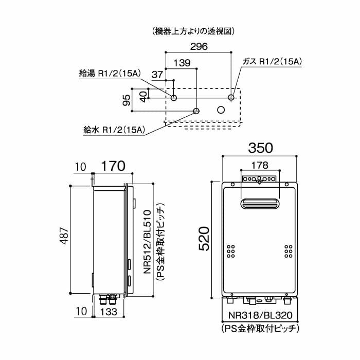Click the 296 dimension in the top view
point(198,47)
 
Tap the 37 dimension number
point(158,75)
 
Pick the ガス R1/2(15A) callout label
point(272,62)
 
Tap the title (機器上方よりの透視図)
point(194,31)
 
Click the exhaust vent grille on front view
point(260,204)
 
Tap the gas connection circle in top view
point(231,98)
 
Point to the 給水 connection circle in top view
point(196,110)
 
